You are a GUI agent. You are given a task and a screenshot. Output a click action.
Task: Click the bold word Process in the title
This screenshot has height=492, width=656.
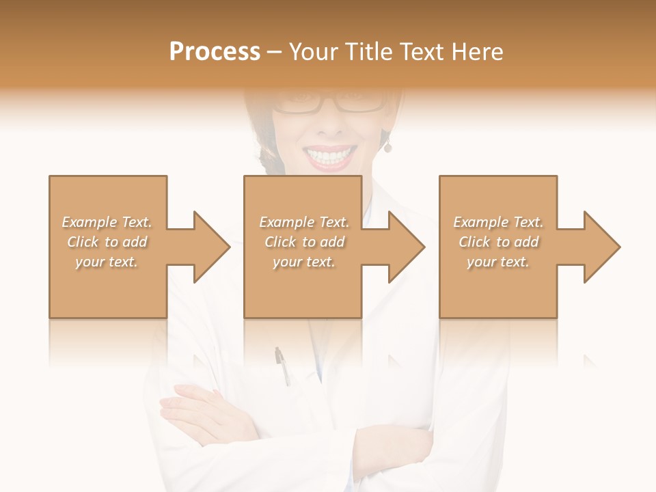(x=215, y=52)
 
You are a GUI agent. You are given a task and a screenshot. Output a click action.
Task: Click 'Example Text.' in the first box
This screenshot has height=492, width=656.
(x=107, y=222)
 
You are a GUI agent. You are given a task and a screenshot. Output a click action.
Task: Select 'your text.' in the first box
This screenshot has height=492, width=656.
(x=107, y=262)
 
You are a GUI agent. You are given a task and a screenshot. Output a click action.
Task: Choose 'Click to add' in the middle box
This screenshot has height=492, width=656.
(x=304, y=242)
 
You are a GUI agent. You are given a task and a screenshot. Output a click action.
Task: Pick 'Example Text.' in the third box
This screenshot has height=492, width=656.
(x=498, y=222)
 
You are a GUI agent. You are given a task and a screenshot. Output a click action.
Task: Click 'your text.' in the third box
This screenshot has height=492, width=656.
(x=498, y=262)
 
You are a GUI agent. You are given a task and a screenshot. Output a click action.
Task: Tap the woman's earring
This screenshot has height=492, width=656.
(x=387, y=147)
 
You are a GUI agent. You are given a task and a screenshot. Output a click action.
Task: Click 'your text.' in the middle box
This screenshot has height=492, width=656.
(x=304, y=262)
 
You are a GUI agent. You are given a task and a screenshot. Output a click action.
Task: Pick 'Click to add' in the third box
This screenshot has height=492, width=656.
(x=498, y=242)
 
